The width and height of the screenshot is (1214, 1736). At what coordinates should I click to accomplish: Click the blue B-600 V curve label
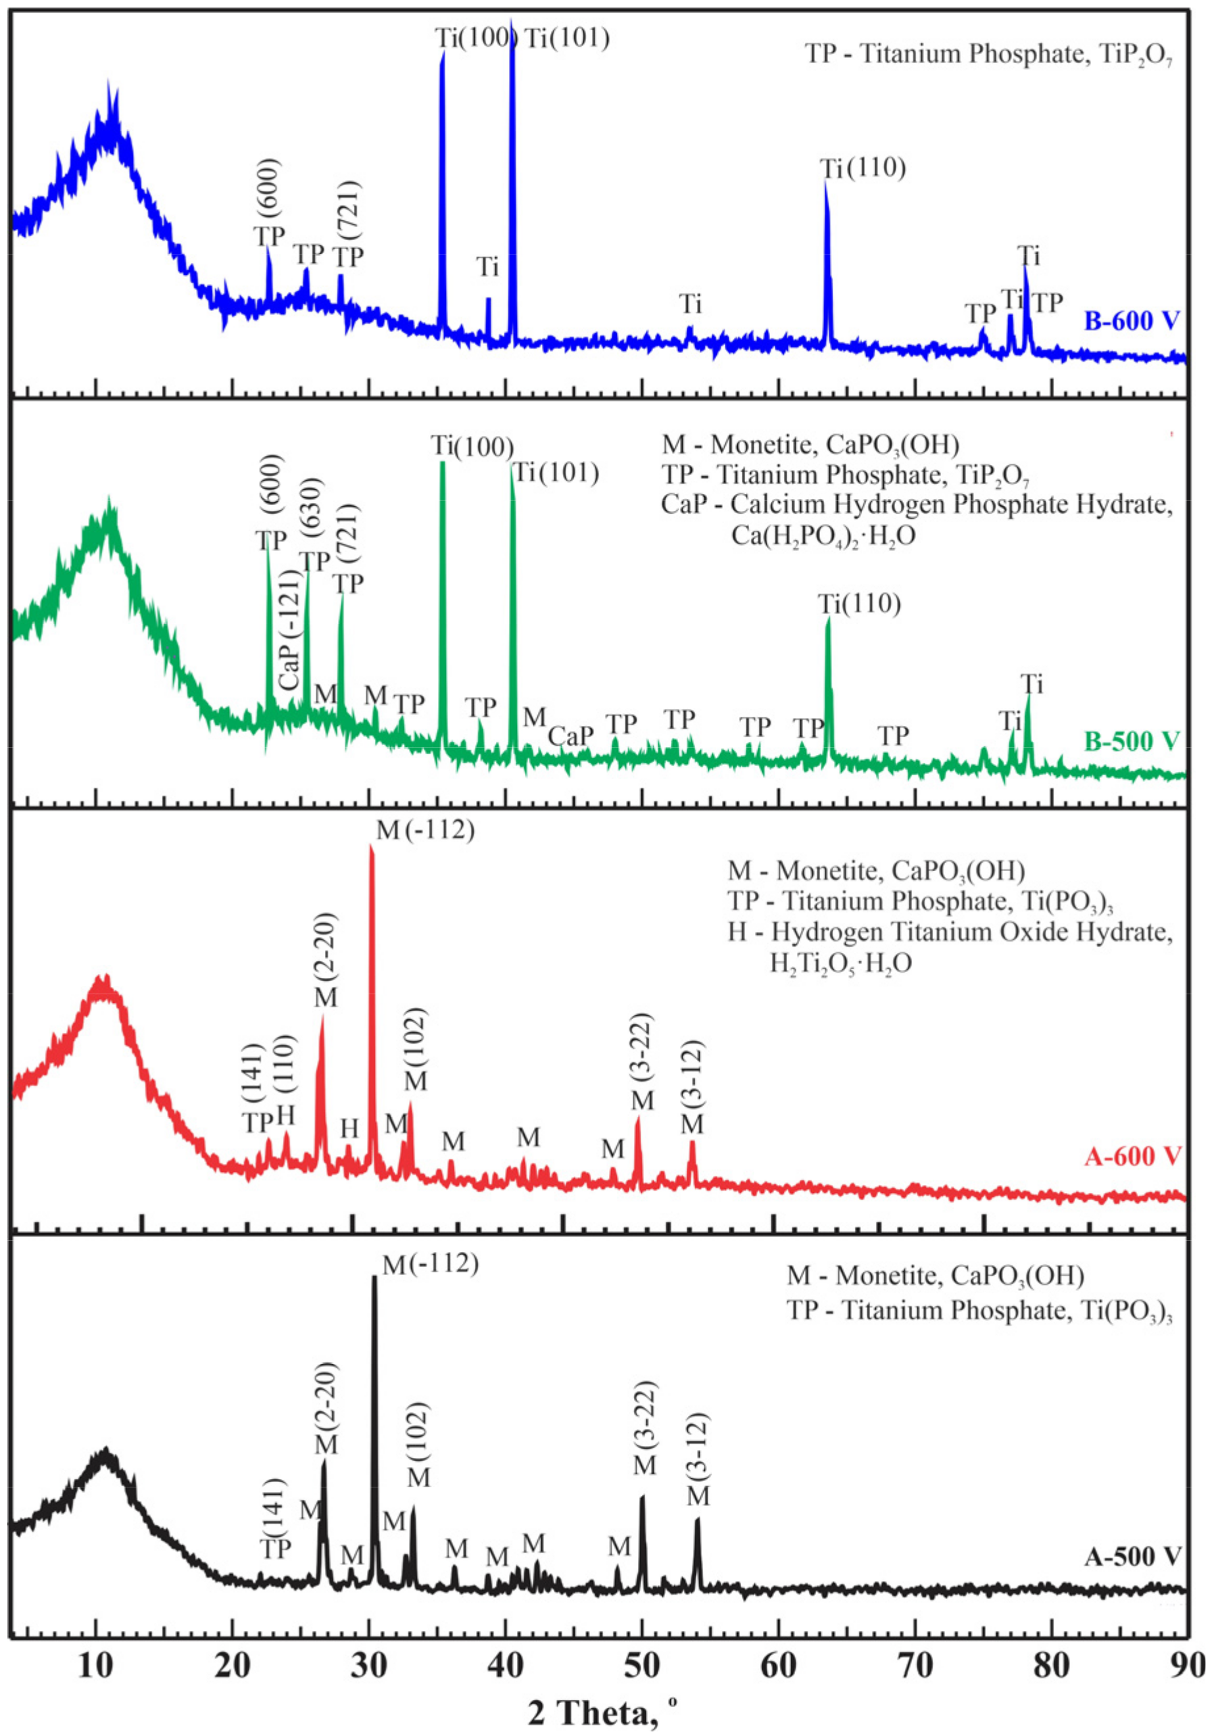pos(1132,321)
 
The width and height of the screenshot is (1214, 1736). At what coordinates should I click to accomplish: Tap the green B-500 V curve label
pos(1132,740)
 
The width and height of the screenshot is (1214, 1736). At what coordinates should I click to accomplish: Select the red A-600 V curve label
pos(1132,1155)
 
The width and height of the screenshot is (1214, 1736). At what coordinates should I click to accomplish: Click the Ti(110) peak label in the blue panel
pos(863,168)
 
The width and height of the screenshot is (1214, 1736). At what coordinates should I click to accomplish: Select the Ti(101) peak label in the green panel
pos(556,473)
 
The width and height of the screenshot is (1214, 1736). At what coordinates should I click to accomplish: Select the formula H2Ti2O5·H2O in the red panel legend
pos(840,963)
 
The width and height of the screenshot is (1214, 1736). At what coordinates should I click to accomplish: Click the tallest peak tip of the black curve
pos(374,1278)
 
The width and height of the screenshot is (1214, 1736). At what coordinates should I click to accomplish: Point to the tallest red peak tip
pos(371,846)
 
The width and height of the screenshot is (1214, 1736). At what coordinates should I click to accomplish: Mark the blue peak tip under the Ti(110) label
pos(825,183)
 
